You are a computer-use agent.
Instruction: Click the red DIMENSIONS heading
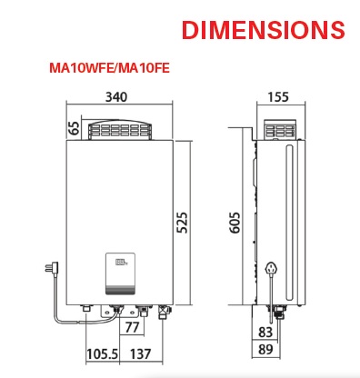[x=263, y=30]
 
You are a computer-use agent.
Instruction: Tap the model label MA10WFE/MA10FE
[x=109, y=68]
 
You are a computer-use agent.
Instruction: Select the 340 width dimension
[x=116, y=97]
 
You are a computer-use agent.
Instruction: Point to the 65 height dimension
[x=75, y=127]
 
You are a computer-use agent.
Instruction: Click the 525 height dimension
[x=182, y=223]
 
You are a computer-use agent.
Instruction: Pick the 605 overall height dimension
[x=235, y=223]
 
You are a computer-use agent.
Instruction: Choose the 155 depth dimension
[x=278, y=97]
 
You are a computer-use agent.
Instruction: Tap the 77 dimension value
[x=132, y=327]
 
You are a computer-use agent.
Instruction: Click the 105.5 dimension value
[x=102, y=353]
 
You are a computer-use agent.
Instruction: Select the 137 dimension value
[x=140, y=353]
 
